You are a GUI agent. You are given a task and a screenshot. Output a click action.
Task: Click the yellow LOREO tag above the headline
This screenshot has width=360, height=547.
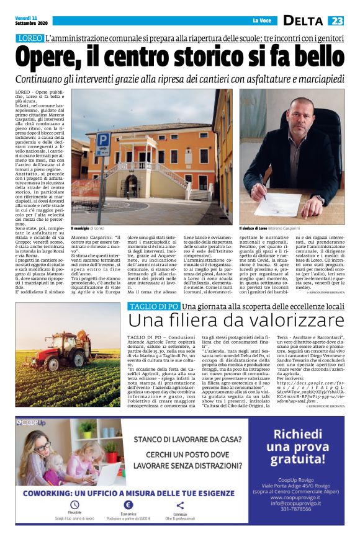[x=28, y=39]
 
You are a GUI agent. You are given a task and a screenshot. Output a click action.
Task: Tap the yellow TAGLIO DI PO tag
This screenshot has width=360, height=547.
[x=153, y=307]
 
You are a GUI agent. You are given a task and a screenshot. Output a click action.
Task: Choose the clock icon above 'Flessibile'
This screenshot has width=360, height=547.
[x=75, y=505]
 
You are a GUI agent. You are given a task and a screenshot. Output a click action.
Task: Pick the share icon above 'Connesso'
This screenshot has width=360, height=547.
[x=180, y=505]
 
